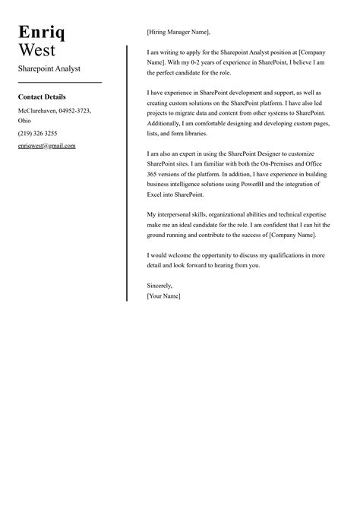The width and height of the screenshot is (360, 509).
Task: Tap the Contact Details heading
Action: (x=42, y=97)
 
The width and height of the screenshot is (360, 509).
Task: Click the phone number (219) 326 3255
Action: (x=37, y=133)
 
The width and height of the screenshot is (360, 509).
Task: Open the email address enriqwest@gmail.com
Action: (x=46, y=145)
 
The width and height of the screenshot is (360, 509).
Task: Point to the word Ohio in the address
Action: (x=25, y=120)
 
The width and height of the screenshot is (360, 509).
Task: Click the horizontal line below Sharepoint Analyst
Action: (x=59, y=82)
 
